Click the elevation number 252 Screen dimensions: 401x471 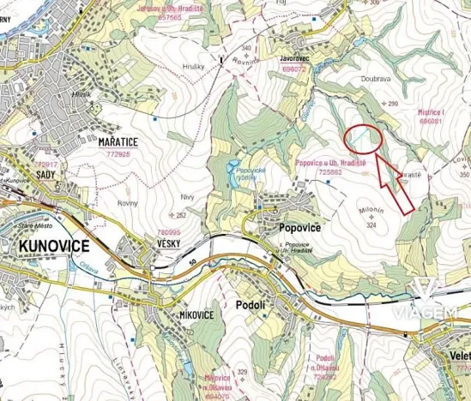(181, 216)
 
